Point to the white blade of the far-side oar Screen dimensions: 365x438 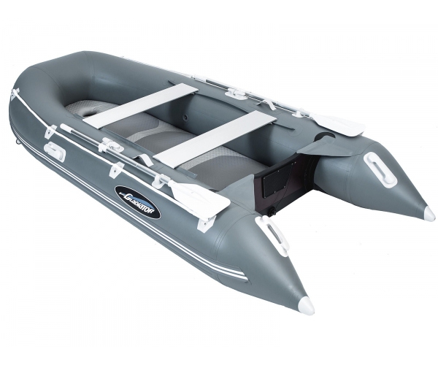(339, 125)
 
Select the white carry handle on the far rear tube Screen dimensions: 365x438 (380, 168)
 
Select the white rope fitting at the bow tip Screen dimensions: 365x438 (15, 93)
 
